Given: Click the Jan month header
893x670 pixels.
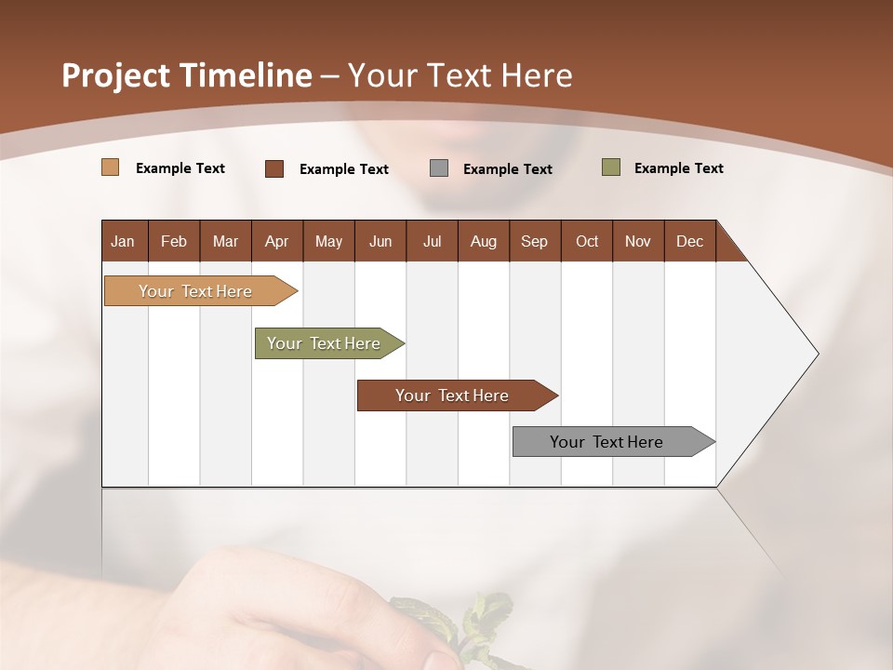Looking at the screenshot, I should tap(123, 241).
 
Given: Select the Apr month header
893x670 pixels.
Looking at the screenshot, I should tap(277, 241).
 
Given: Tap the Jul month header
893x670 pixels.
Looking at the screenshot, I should tap(432, 241).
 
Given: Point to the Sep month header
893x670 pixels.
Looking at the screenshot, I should tap(534, 241).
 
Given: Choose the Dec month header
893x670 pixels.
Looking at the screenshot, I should tap(689, 241).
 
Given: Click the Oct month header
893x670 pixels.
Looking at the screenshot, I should tap(587, 241).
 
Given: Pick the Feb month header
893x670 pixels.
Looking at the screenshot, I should tap(174, 241).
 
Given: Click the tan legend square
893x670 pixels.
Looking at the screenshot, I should tap(110, 167).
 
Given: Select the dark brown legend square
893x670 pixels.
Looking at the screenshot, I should tap(273, 168).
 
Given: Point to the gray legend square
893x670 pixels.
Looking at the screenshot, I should tap(439, 168).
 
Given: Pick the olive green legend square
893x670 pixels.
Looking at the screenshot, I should tap(610, 167).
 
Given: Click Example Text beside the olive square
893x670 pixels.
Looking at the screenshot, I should tap(678, 168).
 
